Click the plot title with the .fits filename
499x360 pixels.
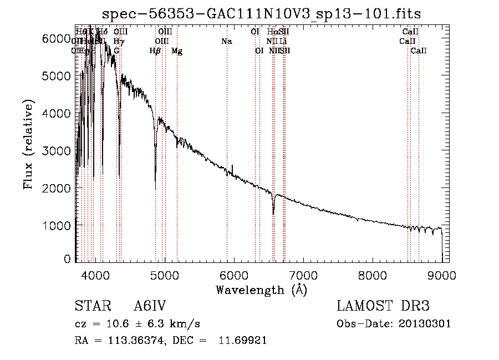click(x=266, y=14)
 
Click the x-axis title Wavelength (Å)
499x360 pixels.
click(x=261, y=290)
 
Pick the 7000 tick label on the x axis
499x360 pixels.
click(x=303, y=275)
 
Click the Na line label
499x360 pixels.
click(x=226, y=42)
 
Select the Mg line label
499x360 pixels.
click(x=177, y=51)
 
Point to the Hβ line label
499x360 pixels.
click(x=155, y=51)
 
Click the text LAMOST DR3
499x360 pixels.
click(x=383, y=307)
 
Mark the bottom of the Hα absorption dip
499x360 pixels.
click(x=273, y=213)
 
